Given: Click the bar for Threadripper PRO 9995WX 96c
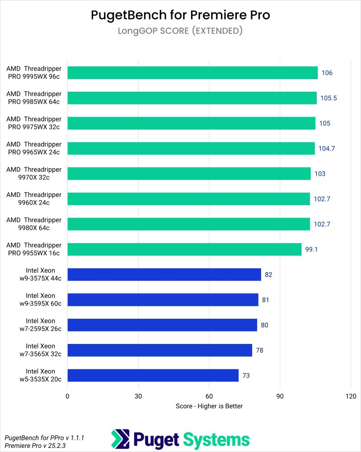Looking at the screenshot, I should [x=192, y=73].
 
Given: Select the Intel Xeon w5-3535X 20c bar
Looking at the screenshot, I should [x=153, y=376].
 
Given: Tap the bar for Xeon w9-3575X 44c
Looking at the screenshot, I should [x=164, y=275].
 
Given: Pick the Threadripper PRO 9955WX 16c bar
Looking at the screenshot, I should [x=184, y=250].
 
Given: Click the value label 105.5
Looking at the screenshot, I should [x=329, y=98].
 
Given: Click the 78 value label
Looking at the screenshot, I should [x=259, y=350].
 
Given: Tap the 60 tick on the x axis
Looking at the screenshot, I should [x=209, y=396].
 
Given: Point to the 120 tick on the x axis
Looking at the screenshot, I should [x=350, y=396].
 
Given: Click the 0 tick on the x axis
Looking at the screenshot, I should [x=67, y=396].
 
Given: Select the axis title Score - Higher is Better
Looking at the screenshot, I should [x=209, y=406].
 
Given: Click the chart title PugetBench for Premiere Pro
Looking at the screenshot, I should [x=180, y=15].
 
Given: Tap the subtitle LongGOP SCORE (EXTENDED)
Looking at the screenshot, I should [x=180, y=31].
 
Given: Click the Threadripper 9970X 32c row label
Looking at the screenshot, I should [x=34, y=174].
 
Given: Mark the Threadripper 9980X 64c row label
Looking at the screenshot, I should [x=34, y=224].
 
